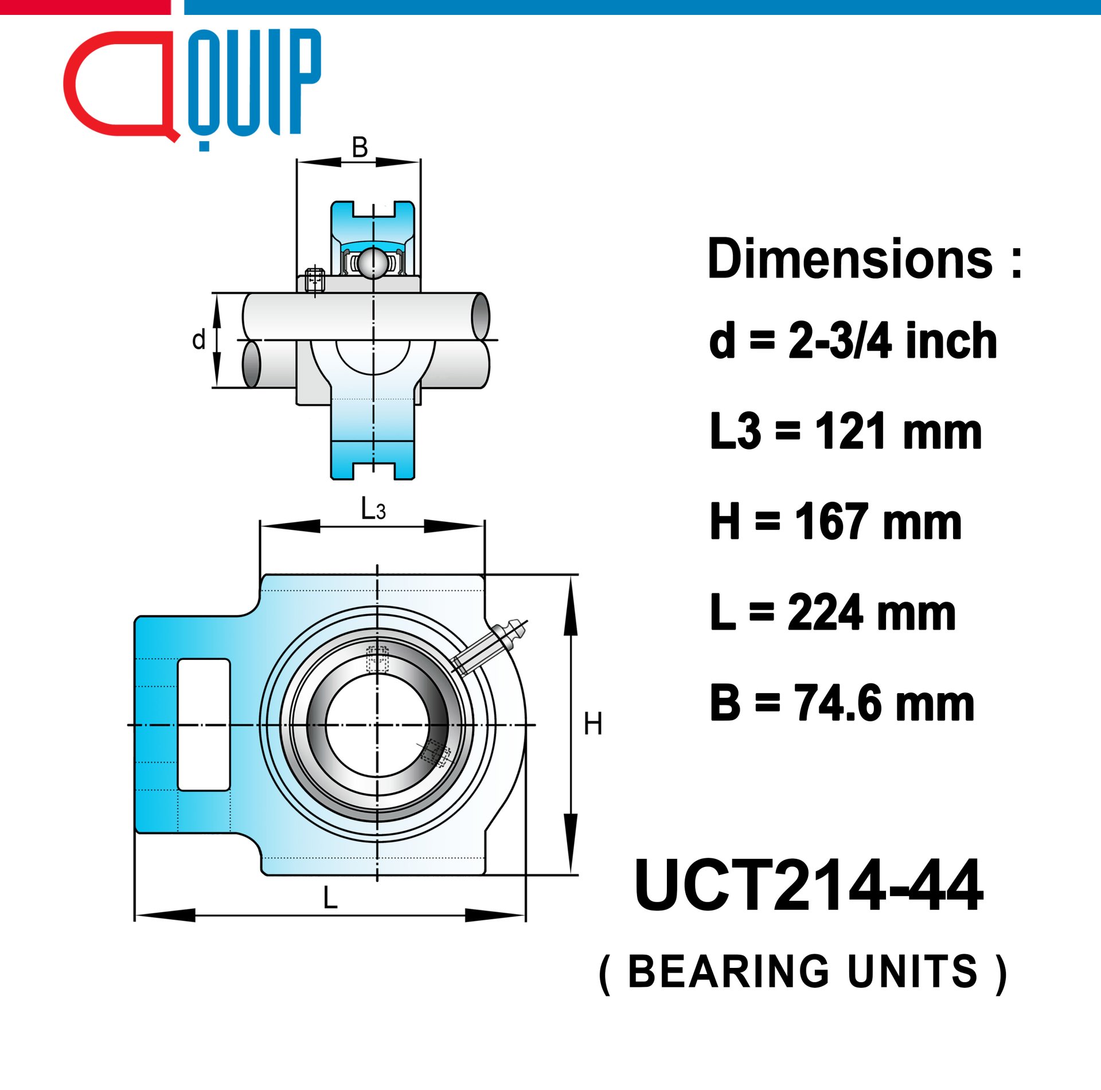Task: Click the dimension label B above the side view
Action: (360, 147)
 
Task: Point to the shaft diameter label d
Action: (199, 339)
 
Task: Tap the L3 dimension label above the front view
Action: (373, 509)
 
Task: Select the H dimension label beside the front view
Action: (593, 724)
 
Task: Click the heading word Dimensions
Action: (850, 259)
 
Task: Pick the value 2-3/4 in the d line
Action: (841, 341)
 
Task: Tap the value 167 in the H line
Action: (828, 521)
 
